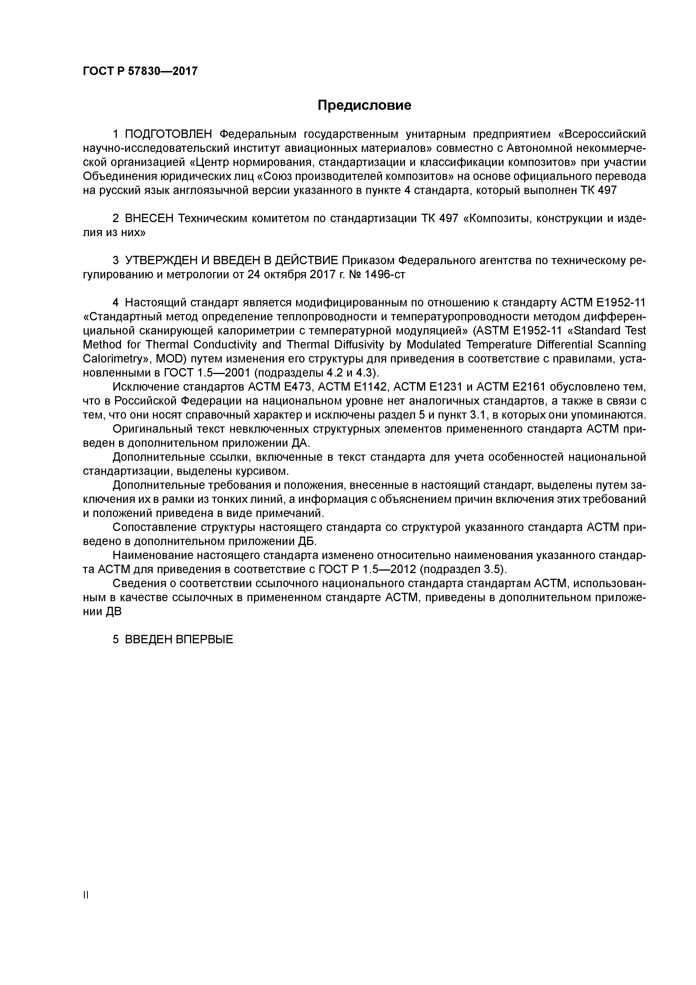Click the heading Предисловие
click(x=364, y=105)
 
